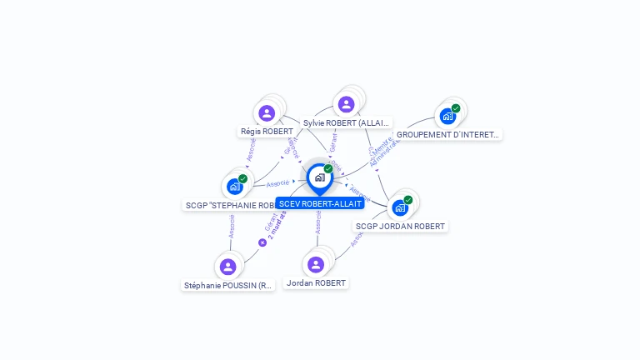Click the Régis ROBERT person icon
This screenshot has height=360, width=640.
click(267, 112)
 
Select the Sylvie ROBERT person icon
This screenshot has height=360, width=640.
click(346, 104)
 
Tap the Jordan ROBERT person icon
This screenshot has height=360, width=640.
click(315, 265)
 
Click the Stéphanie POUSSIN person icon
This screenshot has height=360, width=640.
click(228, 267)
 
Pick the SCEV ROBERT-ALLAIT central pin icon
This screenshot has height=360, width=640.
click(319, 177)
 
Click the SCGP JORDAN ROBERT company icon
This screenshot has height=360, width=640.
click(400, 207)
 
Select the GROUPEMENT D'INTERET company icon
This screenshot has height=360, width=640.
click(448, 116)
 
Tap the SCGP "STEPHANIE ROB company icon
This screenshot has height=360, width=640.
click(235, 187)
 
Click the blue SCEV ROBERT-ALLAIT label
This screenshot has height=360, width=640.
click(320, 203)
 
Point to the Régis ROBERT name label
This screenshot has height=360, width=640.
click(267, 132)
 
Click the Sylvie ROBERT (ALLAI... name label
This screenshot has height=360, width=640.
click(346, 122)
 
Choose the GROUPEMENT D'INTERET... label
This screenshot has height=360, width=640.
click(447, 134)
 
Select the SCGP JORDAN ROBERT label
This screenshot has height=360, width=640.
click(400, 226)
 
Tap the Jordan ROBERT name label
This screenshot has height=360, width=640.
click(316, 283)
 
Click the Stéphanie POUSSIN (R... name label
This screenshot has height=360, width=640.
click(228, 285)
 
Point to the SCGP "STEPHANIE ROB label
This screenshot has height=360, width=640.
click(230, 205)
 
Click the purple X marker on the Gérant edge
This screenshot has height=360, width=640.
click(262, 242)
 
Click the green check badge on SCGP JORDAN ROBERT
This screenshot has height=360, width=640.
click(408, 200)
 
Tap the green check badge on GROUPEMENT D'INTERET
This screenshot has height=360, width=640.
click(456, 108)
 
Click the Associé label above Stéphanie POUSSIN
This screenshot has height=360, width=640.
click(232, 226)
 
